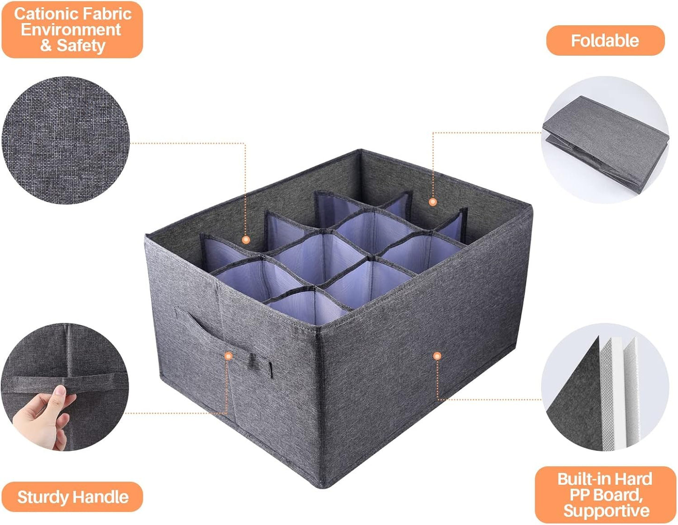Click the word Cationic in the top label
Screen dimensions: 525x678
click(x=43, y=14)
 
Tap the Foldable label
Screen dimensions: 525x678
click(x=605, y=41)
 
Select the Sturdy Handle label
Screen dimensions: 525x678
click(x=73, y=497)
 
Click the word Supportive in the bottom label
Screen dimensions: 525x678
click(x=606, y=510)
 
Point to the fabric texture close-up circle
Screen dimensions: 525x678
click(x=65, y=140)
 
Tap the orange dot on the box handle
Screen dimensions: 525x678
click(x=229, y=356)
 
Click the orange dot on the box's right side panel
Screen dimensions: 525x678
click(x=437, y=356)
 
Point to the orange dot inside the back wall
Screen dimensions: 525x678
click(x=433, y=202)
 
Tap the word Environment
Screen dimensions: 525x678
click(x=71, y=30)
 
